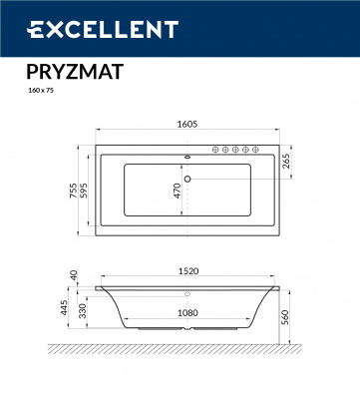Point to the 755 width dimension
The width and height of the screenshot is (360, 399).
71,191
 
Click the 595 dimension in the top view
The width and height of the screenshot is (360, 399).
86,191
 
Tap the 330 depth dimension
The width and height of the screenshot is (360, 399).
86,312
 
